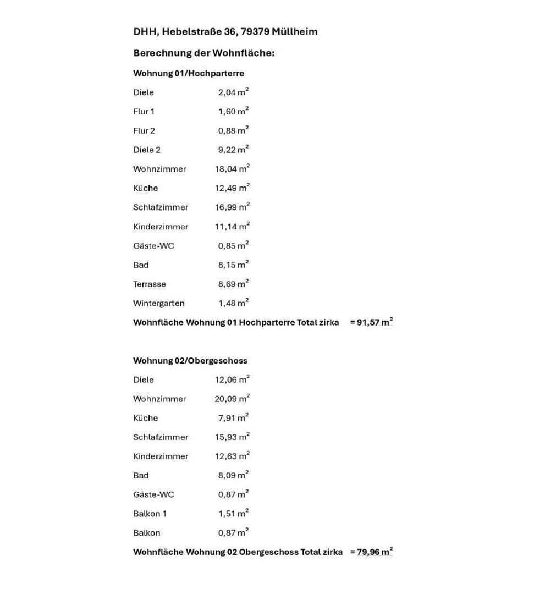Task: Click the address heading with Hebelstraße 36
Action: point(225,31)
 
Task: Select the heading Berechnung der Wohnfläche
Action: point(204,53)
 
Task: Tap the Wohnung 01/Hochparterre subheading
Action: point(189,73)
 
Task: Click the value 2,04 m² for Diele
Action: point(233,92)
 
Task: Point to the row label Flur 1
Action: point(144,112)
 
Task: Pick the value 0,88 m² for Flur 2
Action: point(233,131)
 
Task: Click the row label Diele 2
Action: point(147,150)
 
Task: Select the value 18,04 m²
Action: point(232,169)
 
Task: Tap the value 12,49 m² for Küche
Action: point(232,188)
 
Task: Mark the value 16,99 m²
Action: point(232,207)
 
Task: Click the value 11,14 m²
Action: point(232,227)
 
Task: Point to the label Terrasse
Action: point(149,284)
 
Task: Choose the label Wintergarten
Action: point(158,304)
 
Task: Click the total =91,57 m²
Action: point(371,323)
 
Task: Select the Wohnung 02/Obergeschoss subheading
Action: point(190,361)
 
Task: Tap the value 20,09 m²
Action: point(232,399)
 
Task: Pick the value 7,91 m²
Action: point(233,418)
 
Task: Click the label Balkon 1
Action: point(150,514)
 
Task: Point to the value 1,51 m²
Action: point(233,514)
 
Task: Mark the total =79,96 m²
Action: point(371,552)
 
